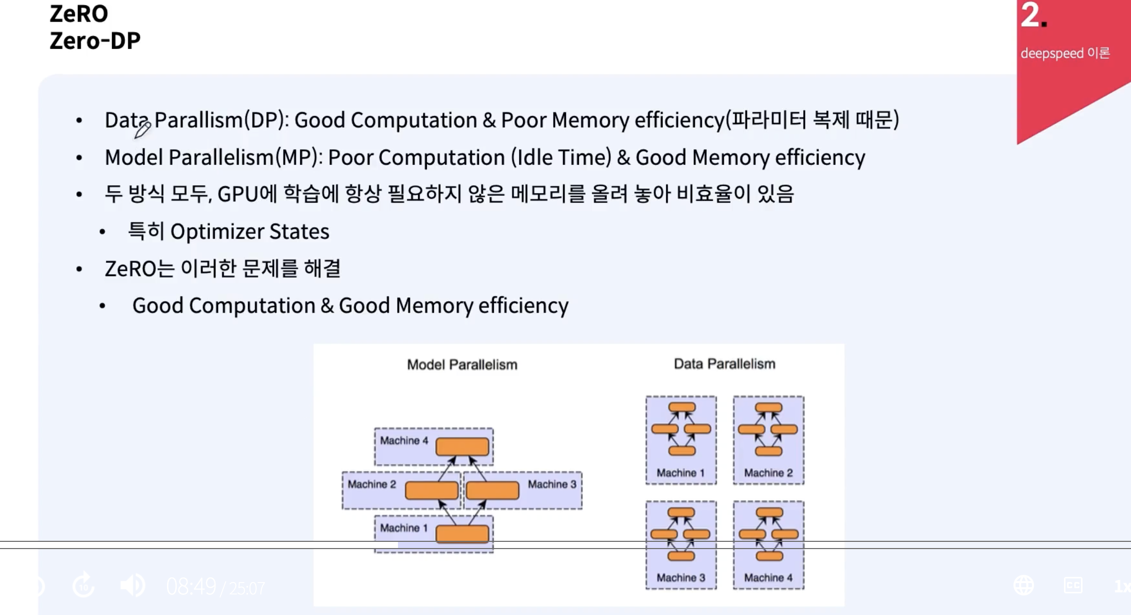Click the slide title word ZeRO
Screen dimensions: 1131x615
click(x=79, y=14)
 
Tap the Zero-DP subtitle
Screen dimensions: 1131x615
click(x=95, y=41)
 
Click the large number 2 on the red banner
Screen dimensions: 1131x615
click(x=1030, y=15)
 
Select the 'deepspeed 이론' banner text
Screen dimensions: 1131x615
click(x=1065, y=53)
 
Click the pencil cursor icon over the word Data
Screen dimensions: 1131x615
click(x=142, y=129)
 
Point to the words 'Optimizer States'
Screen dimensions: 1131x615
click(x=250, y=232)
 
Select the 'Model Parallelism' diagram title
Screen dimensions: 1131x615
click(x=462, y=365)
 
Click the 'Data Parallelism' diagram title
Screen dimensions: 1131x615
click(x=724, y=364)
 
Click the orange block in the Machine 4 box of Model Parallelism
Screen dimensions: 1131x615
click(x=462, y=447)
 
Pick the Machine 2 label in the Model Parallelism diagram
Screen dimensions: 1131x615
click(x=372, y=484)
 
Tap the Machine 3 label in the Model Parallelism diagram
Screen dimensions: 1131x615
click(x=552, y=484)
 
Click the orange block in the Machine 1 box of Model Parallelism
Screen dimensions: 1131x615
click(x=462, y=534)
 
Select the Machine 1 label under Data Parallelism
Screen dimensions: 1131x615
click(x=680, y=473)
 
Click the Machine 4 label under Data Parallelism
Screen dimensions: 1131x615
click(x=768, y=578)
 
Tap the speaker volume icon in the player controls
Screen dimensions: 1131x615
click(x=132, y=586)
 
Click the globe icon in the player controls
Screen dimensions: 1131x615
click(x=1024, y=586)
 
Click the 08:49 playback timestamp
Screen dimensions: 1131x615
click(x=191, y=587)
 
